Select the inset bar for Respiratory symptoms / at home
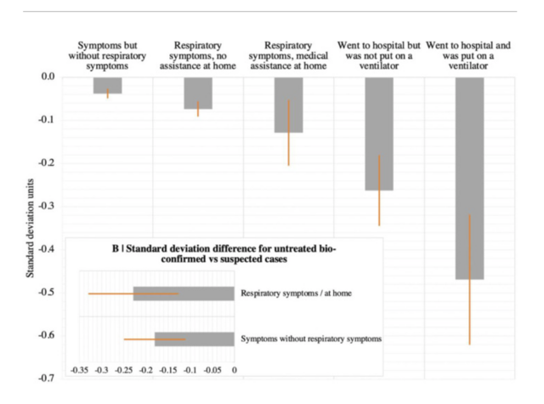point(184,293)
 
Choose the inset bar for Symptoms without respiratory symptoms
point(194,339)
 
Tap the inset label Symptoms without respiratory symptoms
point(311,339)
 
